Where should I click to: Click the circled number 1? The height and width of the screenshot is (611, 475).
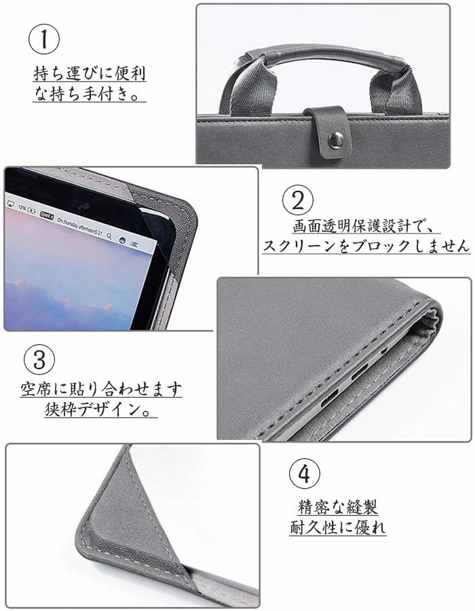pos(44,39)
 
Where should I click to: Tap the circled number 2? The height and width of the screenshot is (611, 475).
pos(297,200)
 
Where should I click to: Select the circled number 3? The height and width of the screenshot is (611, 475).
pos(39,360)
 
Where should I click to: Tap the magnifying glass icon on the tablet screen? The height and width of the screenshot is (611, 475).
pos(109,236)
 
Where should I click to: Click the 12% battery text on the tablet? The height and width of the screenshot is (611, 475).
pos(22,208)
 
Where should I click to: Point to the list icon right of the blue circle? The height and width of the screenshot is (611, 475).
pos(134,244)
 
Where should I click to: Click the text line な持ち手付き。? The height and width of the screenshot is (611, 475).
pos(89,94)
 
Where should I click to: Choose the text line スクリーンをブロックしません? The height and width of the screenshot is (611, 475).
pos(366,246)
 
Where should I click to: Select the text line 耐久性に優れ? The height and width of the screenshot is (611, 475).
pos(337,527)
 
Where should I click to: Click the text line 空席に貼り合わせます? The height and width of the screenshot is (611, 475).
pos(101,389)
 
